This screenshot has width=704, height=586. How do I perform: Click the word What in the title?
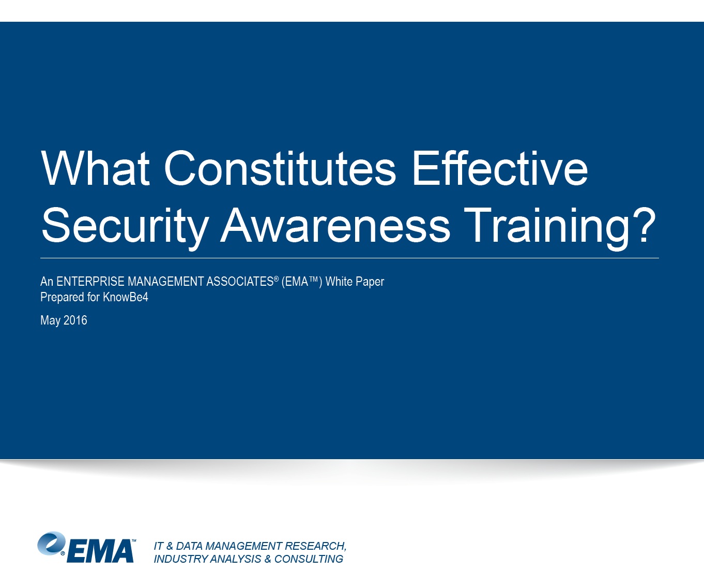pos(95,168)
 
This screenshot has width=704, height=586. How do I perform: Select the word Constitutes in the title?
pos(280,168)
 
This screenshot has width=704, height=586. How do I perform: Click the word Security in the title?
pos(125,227)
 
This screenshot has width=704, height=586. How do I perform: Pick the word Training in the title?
pos(546,227)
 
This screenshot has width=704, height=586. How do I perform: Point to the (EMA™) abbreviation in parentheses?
pos(302,281)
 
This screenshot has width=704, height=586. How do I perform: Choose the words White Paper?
pos(355,282)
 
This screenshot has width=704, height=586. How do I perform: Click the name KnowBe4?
pos(126,297)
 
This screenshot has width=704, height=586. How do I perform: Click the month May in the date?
pos(50,321)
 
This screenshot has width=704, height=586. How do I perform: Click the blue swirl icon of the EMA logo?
pos(51,543)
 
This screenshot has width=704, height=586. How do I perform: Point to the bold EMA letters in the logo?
pos(100,551)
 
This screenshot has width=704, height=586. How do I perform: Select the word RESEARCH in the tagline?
pos(315,546)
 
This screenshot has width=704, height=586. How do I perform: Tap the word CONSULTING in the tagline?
pos(309,559)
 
